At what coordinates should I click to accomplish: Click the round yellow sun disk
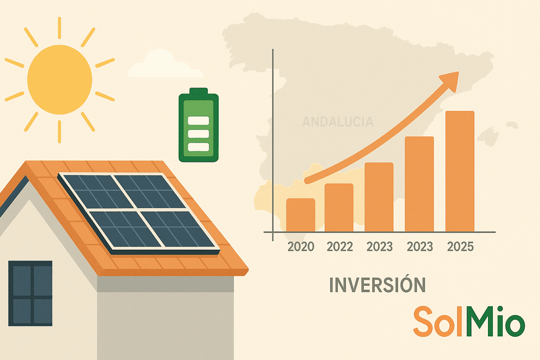click(60, 79)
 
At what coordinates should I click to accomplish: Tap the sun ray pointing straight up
click(59, 27)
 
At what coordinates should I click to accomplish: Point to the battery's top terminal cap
click(199, 91)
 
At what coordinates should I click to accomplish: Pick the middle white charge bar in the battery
click(199, 134)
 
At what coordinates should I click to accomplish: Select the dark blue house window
click(30, 293)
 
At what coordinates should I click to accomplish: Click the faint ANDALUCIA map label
click(337, 122)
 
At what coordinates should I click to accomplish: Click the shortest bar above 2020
click(301, 215)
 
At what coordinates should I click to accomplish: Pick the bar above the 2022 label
click(339, 207)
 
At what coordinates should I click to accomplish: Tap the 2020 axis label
click(301, 247)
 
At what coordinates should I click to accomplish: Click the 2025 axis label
click(460, 247)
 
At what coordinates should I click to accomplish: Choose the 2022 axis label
click(340, 247)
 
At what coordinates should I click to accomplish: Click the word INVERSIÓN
click(377, 285)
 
